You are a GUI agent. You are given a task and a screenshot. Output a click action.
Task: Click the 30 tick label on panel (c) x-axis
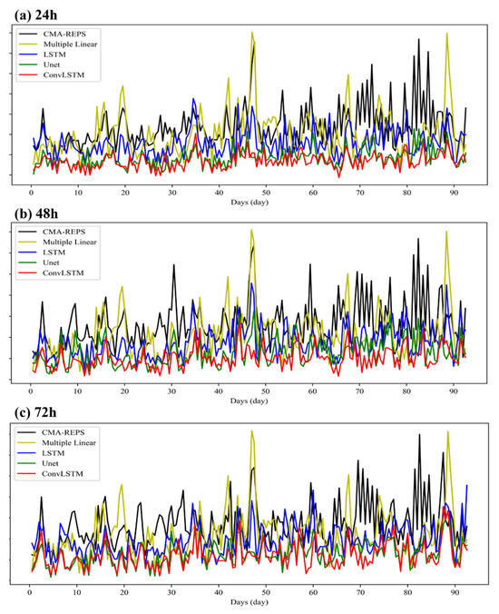pyautogui.click(x=171, y=593)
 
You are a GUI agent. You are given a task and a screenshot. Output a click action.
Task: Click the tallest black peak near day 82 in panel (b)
pyautogui.click(x=418, y=239)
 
